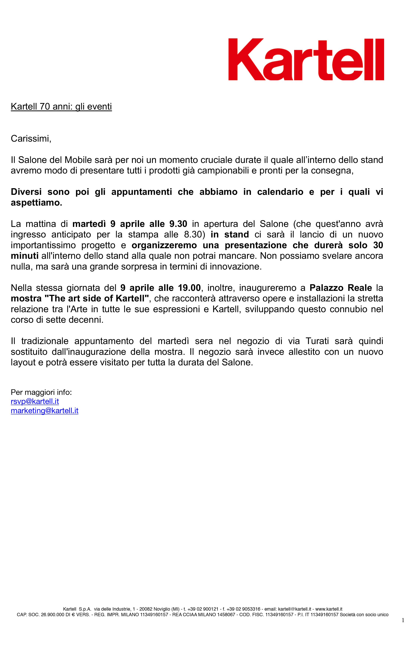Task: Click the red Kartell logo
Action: click(306, 59)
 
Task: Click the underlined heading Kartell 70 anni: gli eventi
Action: click(61, 106)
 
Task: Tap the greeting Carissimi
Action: click(31, 139)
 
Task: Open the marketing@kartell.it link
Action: click(45, 411)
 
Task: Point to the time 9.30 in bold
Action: click(178, 224)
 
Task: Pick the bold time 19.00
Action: click(189, 288)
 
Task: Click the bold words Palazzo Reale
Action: click(340, 288)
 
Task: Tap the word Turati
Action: click(317, 341)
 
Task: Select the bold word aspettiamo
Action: click(36, 202)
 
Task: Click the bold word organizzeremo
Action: click(164, 245)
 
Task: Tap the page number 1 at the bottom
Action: click(403, 620)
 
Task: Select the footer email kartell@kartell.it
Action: click(294, 609)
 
